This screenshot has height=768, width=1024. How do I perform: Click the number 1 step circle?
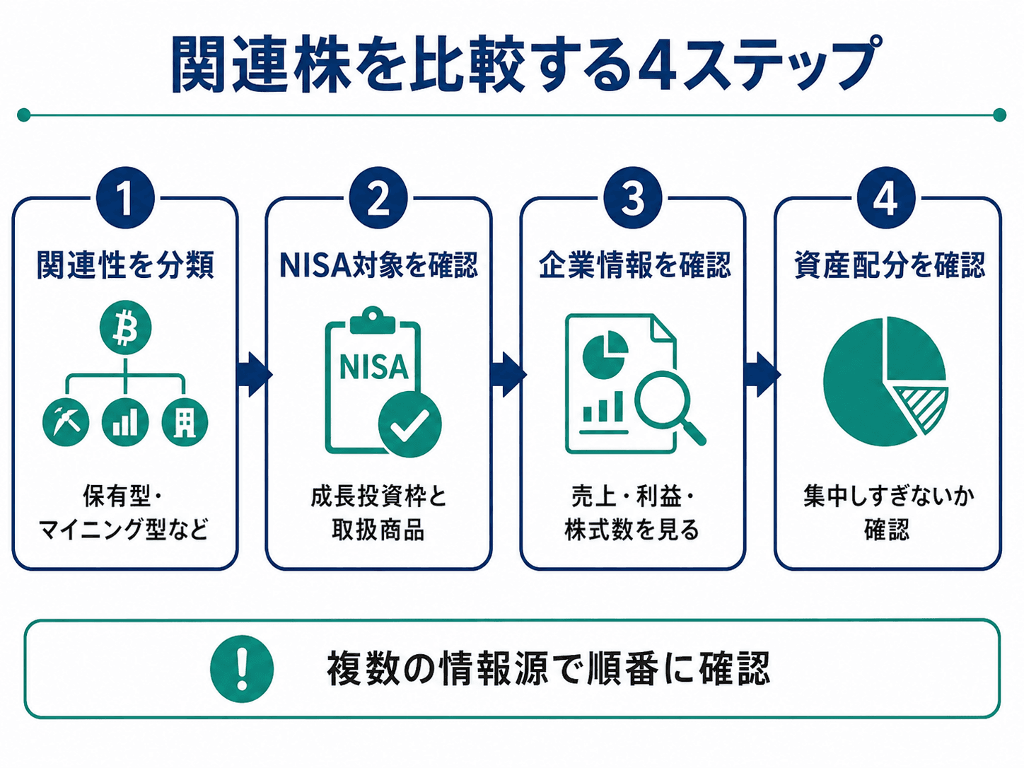(125, 198)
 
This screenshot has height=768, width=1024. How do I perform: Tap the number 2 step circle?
(378, 198)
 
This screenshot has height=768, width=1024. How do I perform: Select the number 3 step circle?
(633, 198)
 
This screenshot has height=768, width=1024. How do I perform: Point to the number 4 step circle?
(886, 198)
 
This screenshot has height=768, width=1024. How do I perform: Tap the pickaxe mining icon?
(66, 422)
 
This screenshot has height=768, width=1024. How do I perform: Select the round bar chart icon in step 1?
(125, 422)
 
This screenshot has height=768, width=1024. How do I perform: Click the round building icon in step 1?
(185, 422)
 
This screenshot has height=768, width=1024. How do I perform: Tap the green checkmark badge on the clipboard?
(409, 424)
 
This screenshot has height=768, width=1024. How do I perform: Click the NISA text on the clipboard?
(374, 367)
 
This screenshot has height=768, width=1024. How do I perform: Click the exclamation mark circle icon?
(241, 669)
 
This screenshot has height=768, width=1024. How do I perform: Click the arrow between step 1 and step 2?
(254, 374)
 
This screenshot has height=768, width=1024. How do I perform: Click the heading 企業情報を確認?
(635, 265)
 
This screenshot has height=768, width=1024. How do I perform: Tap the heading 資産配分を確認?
(889, 265)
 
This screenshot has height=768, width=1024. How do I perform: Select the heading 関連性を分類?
(125, 265)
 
